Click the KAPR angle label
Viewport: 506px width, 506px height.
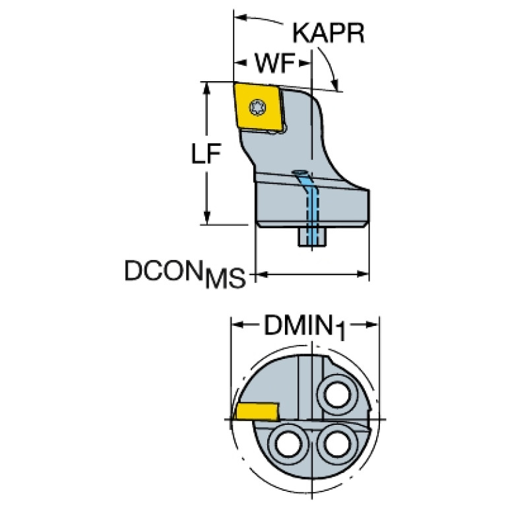(x=328, y=33)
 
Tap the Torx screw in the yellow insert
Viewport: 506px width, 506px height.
(x=258, y=105)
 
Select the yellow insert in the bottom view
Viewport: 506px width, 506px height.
(x=255, y=412)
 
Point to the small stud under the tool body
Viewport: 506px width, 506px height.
(x=315, y=237)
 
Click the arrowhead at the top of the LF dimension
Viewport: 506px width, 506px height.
(x=208, y=88)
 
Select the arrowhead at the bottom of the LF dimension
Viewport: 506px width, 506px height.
(x=208, y=218)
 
